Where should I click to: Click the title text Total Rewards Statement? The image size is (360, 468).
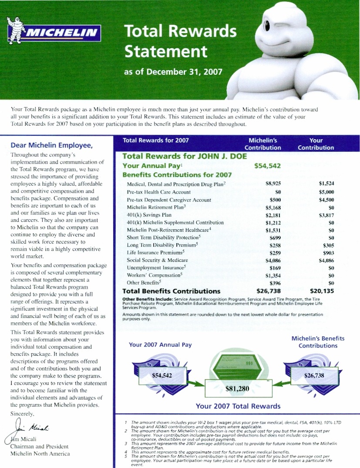pos(180,41)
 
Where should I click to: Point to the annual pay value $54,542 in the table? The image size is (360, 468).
pos(267,166)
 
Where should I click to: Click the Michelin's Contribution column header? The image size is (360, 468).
pos(262,144)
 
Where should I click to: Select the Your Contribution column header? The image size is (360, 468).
pos(316,144)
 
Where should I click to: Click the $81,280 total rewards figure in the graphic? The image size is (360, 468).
pos(237,389)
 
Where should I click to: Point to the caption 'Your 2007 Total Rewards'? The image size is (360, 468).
pos(238,406)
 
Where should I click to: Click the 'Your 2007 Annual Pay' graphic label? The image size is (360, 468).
pos(160,345)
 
